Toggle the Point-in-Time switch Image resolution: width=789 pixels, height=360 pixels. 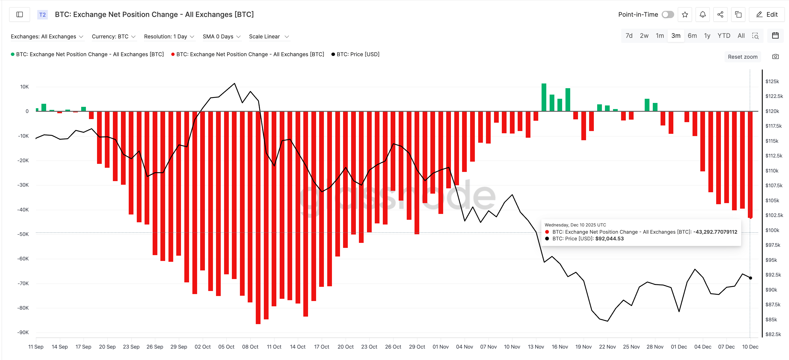668,14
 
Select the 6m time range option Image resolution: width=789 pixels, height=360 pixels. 692,36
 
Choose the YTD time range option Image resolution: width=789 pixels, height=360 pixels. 723,36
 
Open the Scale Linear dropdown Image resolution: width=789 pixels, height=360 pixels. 269,36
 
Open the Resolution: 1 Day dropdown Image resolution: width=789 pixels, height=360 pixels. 169,36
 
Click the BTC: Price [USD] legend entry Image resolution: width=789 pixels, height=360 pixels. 358,54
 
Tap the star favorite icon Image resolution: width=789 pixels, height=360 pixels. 685,14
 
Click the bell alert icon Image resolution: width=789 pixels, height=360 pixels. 703,14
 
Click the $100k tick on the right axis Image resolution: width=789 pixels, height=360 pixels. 772,230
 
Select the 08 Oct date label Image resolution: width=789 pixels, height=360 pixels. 250,347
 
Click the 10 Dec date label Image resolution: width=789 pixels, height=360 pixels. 750,347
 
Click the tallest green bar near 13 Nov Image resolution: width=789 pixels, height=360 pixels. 544,97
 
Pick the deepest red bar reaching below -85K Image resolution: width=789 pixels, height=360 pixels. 258,218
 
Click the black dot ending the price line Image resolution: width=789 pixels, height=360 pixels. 750,278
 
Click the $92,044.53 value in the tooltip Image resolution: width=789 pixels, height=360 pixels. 609,239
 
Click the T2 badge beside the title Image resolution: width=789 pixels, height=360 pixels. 42,14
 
